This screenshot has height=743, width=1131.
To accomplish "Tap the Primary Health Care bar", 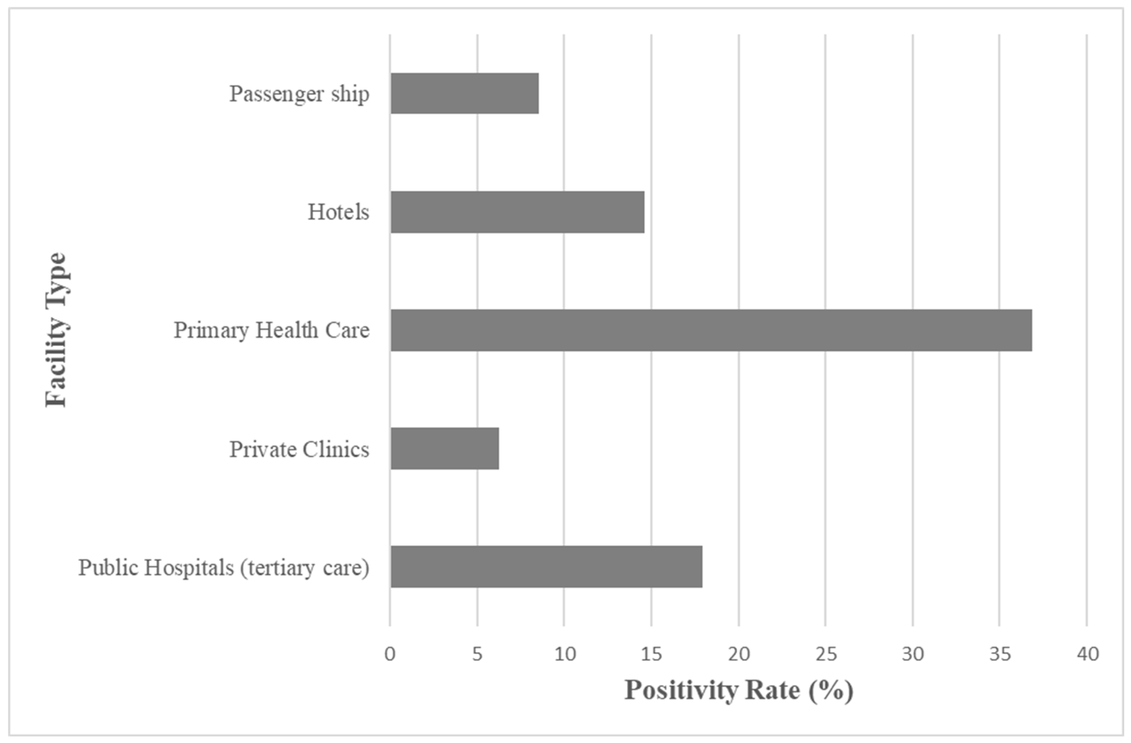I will tap(711, 330).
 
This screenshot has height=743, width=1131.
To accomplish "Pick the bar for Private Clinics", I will tap(445, 448).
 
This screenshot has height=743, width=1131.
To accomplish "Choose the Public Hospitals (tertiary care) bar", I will tap(546, 567).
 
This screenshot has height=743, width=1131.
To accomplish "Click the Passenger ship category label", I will tap(299, 94).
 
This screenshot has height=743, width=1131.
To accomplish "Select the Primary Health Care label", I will tap(271, 330).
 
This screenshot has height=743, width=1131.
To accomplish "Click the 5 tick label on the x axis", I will tap(477, 654).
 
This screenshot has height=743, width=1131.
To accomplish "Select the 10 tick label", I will tap(564, 654).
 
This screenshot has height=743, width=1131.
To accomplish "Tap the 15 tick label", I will tap(652, 654).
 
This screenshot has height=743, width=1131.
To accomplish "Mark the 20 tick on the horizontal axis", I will tap(739, 654).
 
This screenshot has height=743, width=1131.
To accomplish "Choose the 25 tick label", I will tap(826, 654).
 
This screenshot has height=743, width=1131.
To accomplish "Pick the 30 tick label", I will tap(913, 654).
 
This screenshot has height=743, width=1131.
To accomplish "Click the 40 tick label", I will tap(1087, 654).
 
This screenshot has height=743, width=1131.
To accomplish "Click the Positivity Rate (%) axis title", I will tap(739, 690).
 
